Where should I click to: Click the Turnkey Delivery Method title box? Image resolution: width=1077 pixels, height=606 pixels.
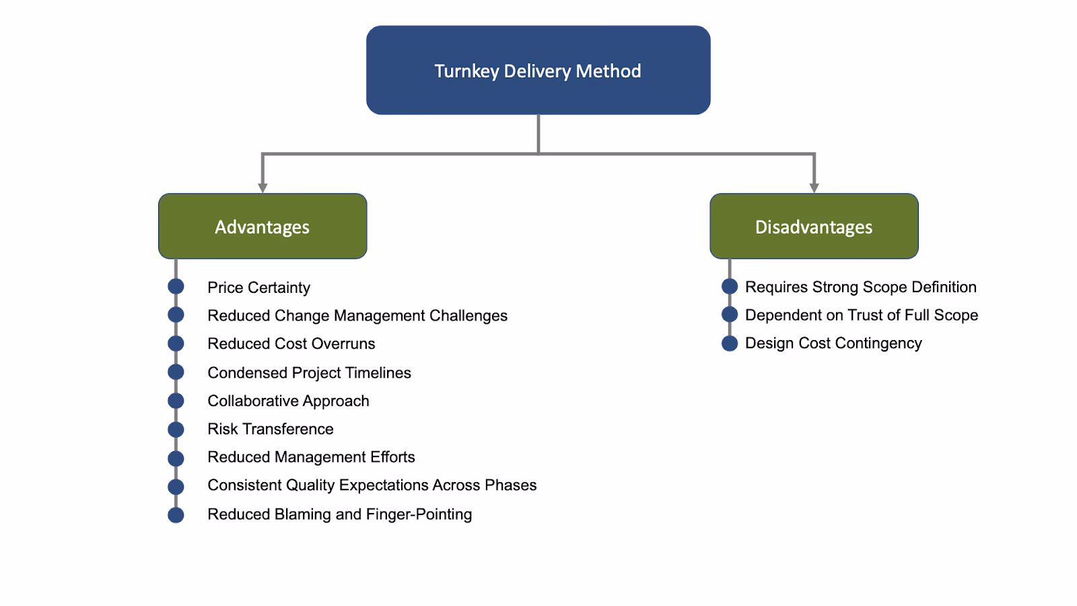[x=538, y=70]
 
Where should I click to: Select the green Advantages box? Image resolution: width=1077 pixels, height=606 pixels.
[x=263, y=226]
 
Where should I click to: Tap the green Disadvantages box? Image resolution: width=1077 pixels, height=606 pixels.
[x=814, y=226]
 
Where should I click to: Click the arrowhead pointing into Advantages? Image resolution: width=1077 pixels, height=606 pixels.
[x=263, y=187]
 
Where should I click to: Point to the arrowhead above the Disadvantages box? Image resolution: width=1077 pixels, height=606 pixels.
[x=814, y=187]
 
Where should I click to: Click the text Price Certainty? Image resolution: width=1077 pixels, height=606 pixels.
[x=258, y=288]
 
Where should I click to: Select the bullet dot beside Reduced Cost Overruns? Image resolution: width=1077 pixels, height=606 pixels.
[x=176, y=343]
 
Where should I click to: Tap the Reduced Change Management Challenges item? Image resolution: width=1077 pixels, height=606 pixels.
[x=357, y=316]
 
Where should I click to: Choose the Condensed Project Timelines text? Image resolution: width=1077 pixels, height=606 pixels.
[x=309, y=372]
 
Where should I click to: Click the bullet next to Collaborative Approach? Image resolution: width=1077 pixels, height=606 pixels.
[x=176, y=401]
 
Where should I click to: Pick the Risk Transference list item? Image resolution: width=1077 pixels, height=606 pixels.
[x=270, y=429]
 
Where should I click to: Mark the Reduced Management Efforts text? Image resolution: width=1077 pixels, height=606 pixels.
[x=311, y=457]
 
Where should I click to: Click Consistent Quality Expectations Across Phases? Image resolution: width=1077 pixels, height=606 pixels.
[x=372, y=485]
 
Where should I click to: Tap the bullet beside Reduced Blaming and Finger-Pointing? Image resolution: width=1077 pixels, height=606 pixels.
[x=176, y=515]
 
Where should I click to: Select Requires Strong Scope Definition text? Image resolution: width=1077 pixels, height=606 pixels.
[x=860, y=287]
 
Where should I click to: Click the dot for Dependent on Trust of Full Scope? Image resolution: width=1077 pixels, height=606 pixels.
[x=730, y=314]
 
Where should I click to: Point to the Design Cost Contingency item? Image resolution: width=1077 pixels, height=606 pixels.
[x=833, y=343]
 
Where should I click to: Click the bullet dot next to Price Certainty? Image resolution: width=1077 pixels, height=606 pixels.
[x=176, y=286]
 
